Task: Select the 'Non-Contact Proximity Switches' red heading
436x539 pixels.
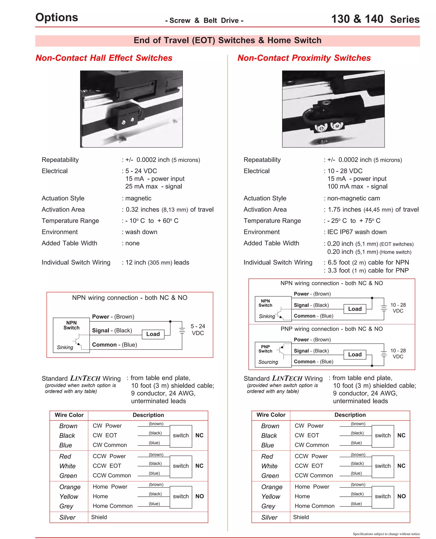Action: pos(304,58)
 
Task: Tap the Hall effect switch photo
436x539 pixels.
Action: pos(131,109)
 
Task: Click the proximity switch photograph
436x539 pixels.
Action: pos(333,109)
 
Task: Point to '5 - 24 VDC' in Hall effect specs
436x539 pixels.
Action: pos(141,171)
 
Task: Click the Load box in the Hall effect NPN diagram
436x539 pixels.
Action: pos(153,334)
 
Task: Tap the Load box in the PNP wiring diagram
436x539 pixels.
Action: pos(355,354)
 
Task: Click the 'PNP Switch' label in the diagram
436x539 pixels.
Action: pos(265,349)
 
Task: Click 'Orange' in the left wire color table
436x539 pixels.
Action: pos(70,487)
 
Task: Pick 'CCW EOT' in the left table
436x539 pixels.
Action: pos(107,466)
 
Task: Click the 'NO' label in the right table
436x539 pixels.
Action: pos(401,496)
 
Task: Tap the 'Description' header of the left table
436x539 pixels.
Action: pos(148,415)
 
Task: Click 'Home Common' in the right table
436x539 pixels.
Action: pos(314,506)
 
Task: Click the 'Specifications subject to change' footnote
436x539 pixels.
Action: pos(386,534)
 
